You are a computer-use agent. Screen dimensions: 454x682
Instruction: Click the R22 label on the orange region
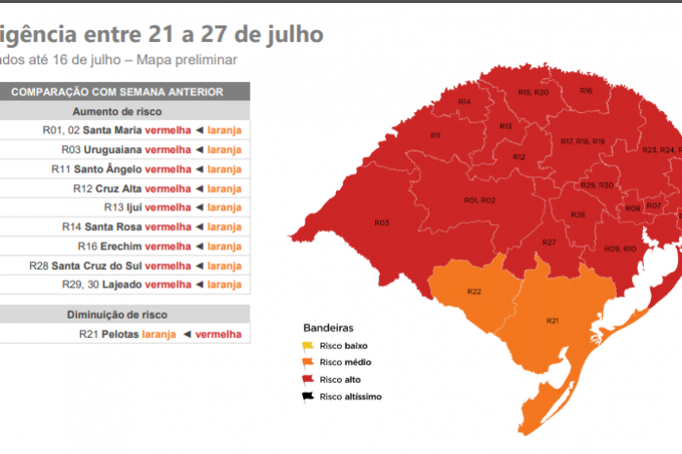click(474, 291)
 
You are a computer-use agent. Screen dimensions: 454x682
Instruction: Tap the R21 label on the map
click(552, 321)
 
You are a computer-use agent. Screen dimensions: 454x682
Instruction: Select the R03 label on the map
click(381, 223)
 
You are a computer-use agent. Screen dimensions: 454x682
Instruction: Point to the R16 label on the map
click(586, 91)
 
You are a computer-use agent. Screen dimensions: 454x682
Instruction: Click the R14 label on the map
click(464, 102)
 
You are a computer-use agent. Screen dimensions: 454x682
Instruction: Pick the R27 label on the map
click(549, 242)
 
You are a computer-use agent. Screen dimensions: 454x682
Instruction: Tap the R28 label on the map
click(578, 214)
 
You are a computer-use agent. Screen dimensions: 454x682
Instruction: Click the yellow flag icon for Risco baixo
click(309, 346)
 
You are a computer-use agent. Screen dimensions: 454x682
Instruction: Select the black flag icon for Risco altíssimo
click(309, 396)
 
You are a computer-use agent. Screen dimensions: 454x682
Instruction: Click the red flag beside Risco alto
click(309, 379)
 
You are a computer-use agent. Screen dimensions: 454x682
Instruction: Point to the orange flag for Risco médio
click(309, 362)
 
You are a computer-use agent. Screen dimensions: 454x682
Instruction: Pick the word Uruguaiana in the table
click(112, 149)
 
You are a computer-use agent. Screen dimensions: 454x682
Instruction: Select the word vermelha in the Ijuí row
click(168, 208)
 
